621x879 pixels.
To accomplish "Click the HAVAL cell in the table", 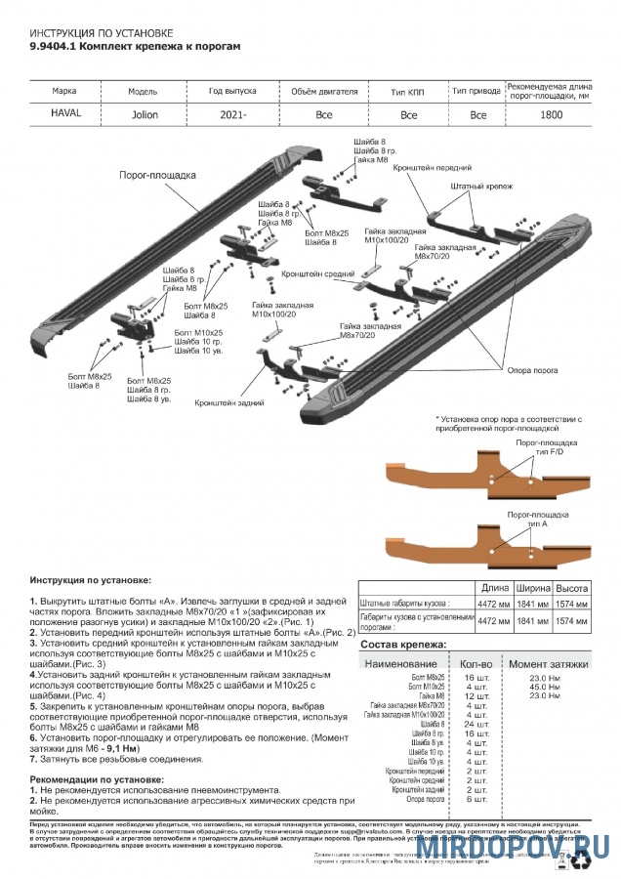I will click(66, 113).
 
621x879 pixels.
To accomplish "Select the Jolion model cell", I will click(145, 114).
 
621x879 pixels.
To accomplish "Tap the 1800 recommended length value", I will click(551, 114).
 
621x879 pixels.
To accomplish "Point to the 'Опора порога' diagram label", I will click(532, 370).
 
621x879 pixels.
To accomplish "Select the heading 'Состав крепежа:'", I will click(431, 646).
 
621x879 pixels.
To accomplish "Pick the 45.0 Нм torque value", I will click(544, 685).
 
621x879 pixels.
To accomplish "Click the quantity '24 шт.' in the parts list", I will click(476, 724).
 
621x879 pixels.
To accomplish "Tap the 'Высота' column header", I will click(571, 589).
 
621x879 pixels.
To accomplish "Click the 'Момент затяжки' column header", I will click(549, 662).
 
